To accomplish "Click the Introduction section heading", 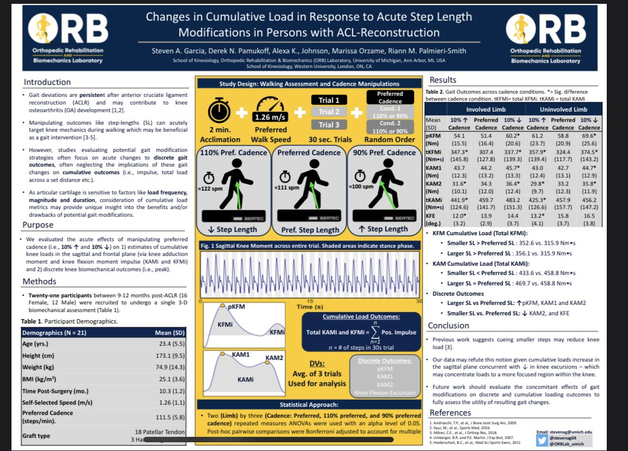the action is coord(47,82).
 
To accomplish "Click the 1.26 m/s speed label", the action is coord(270,117).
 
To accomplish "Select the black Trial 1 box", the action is coord(329,100).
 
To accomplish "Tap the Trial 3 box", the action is coord(329,125).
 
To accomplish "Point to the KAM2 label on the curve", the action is coord(274,358).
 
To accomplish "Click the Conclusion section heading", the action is coord(448,325).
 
